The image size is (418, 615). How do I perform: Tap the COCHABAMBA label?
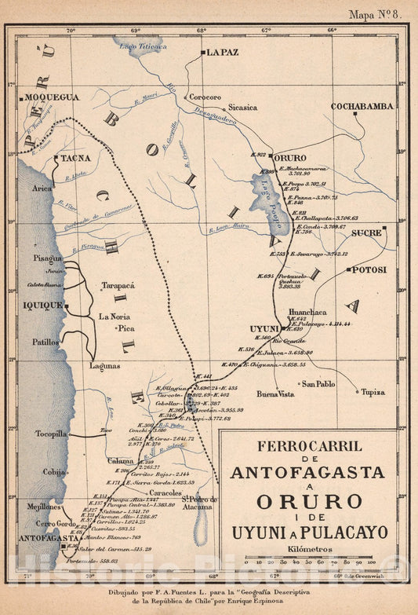point(362,106)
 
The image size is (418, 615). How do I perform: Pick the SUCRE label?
point(367,233)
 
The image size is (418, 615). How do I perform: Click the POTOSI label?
point(369,269)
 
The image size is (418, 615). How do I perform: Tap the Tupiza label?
point(373,392)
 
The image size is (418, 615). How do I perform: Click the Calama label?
point(121,461)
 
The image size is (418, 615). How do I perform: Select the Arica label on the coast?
point(42,189)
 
